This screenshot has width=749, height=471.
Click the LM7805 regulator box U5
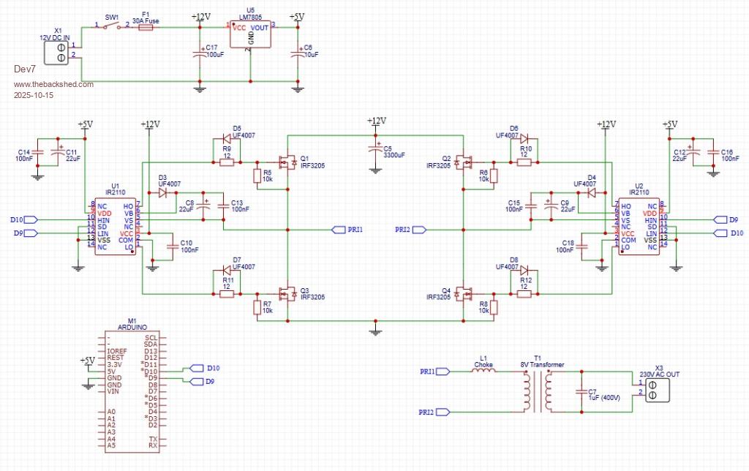[250, 34]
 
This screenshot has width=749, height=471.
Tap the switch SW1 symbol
[111, 26]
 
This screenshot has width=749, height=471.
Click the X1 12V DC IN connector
[56, 50]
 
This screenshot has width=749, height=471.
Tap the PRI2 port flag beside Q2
[418, 230]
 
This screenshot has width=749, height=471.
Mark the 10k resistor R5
[257, 176]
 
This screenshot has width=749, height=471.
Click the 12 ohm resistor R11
[227, 293]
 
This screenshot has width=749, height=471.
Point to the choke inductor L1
[483, 372]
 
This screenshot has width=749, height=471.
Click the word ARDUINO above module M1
[132, 327]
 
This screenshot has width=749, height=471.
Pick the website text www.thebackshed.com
[54, 84]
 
